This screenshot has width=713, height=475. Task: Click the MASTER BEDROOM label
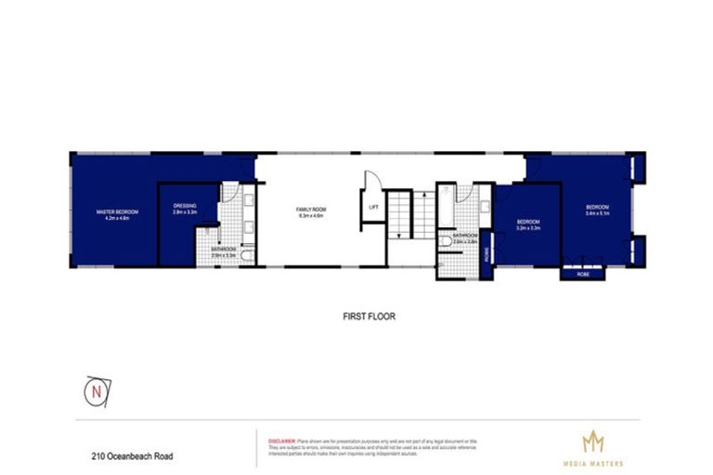(x=110, y=213)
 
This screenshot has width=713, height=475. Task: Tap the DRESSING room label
(x=185, y=210)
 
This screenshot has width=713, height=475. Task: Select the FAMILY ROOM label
(x=310, y=212)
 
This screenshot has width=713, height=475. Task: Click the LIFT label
(x=373, y=208)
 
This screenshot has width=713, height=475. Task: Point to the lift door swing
(x=369, y=182)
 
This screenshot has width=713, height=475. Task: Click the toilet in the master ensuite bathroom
(x=243, y=259)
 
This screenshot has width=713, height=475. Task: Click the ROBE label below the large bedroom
(x=582, y=275)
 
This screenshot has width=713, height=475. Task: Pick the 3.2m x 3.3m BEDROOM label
(x=527, y=225)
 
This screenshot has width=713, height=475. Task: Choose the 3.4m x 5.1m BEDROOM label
(x=596, y=210)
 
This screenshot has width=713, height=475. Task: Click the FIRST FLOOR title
(x=369, y=316)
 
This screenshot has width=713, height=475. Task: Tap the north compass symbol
(x=96, y=390)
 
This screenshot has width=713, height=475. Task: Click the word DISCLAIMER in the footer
(x=280, y=437)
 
